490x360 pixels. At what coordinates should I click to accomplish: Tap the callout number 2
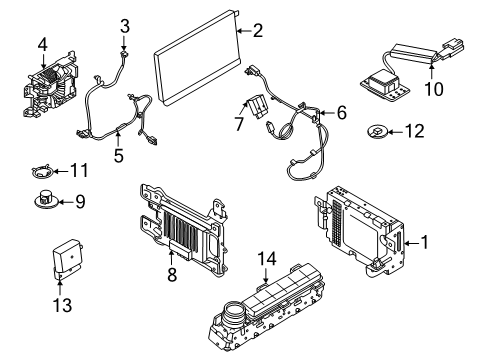257,31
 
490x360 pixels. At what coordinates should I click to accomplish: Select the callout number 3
125,25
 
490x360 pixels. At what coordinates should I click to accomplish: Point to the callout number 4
42,43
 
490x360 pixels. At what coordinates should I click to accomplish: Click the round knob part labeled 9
46,200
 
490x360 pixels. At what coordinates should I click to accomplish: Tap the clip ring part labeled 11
39,171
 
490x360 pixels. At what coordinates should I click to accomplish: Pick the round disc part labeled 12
378,131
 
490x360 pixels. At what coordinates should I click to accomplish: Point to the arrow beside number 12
398,131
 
